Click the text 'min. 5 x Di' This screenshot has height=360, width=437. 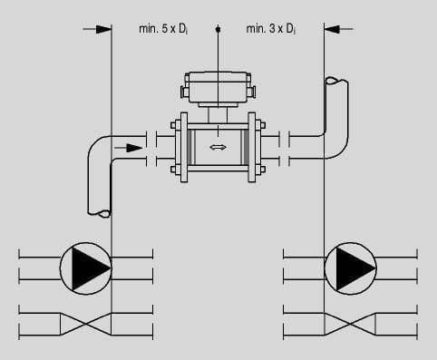(163, 29)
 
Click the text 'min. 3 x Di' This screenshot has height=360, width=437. (271, 29)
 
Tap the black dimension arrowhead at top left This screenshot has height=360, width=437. (103, 29)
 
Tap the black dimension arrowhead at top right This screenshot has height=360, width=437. (332, 29)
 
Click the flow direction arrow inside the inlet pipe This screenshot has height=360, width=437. (128, 148)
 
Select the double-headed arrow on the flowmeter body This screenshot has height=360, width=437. (218, 147)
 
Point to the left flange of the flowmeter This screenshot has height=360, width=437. (183, 148)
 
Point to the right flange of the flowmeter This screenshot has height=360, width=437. (252, 148)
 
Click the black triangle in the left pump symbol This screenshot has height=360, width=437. (89, 268)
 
